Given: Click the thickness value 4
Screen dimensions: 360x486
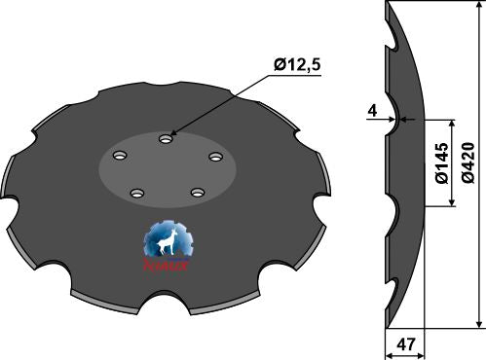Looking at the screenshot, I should click(374, 110).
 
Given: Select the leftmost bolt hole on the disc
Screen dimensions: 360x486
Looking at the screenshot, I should click(120, 156).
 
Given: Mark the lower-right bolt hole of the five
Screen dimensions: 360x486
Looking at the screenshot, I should click(198, 193).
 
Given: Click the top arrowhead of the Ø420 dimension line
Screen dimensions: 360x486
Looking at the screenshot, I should click(478, 7).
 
